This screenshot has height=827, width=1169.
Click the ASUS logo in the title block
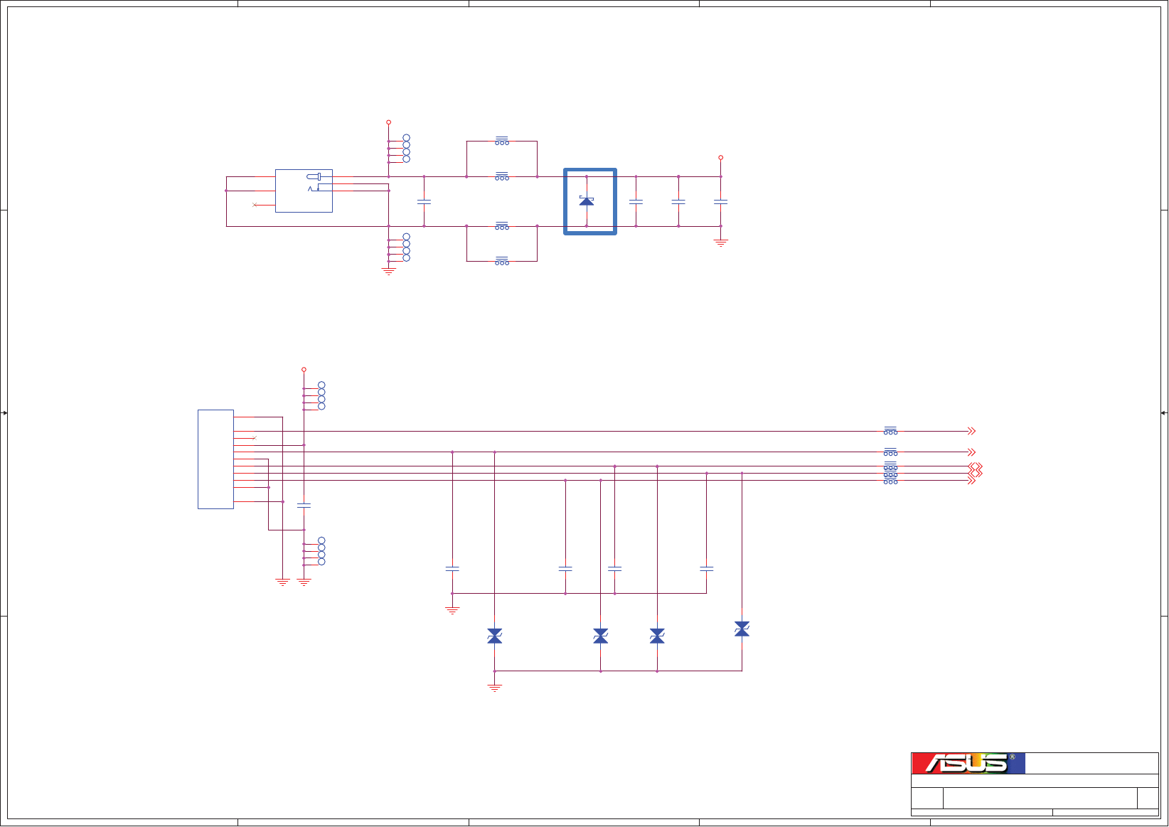(968, 763)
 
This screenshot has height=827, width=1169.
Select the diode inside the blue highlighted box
(587, 201)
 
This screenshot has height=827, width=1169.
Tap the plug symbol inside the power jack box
(314, 177)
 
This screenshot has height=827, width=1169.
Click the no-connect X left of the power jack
(254, 205)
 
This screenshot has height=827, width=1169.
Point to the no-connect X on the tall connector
(254, 438)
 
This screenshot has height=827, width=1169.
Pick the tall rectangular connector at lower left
(215, 459)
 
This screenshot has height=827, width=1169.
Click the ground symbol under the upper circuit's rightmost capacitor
(721, 242)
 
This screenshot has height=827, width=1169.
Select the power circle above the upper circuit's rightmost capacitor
(721, 158)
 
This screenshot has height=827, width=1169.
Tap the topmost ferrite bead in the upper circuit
(502, 141)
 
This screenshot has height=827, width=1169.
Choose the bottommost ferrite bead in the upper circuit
(502, 261)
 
